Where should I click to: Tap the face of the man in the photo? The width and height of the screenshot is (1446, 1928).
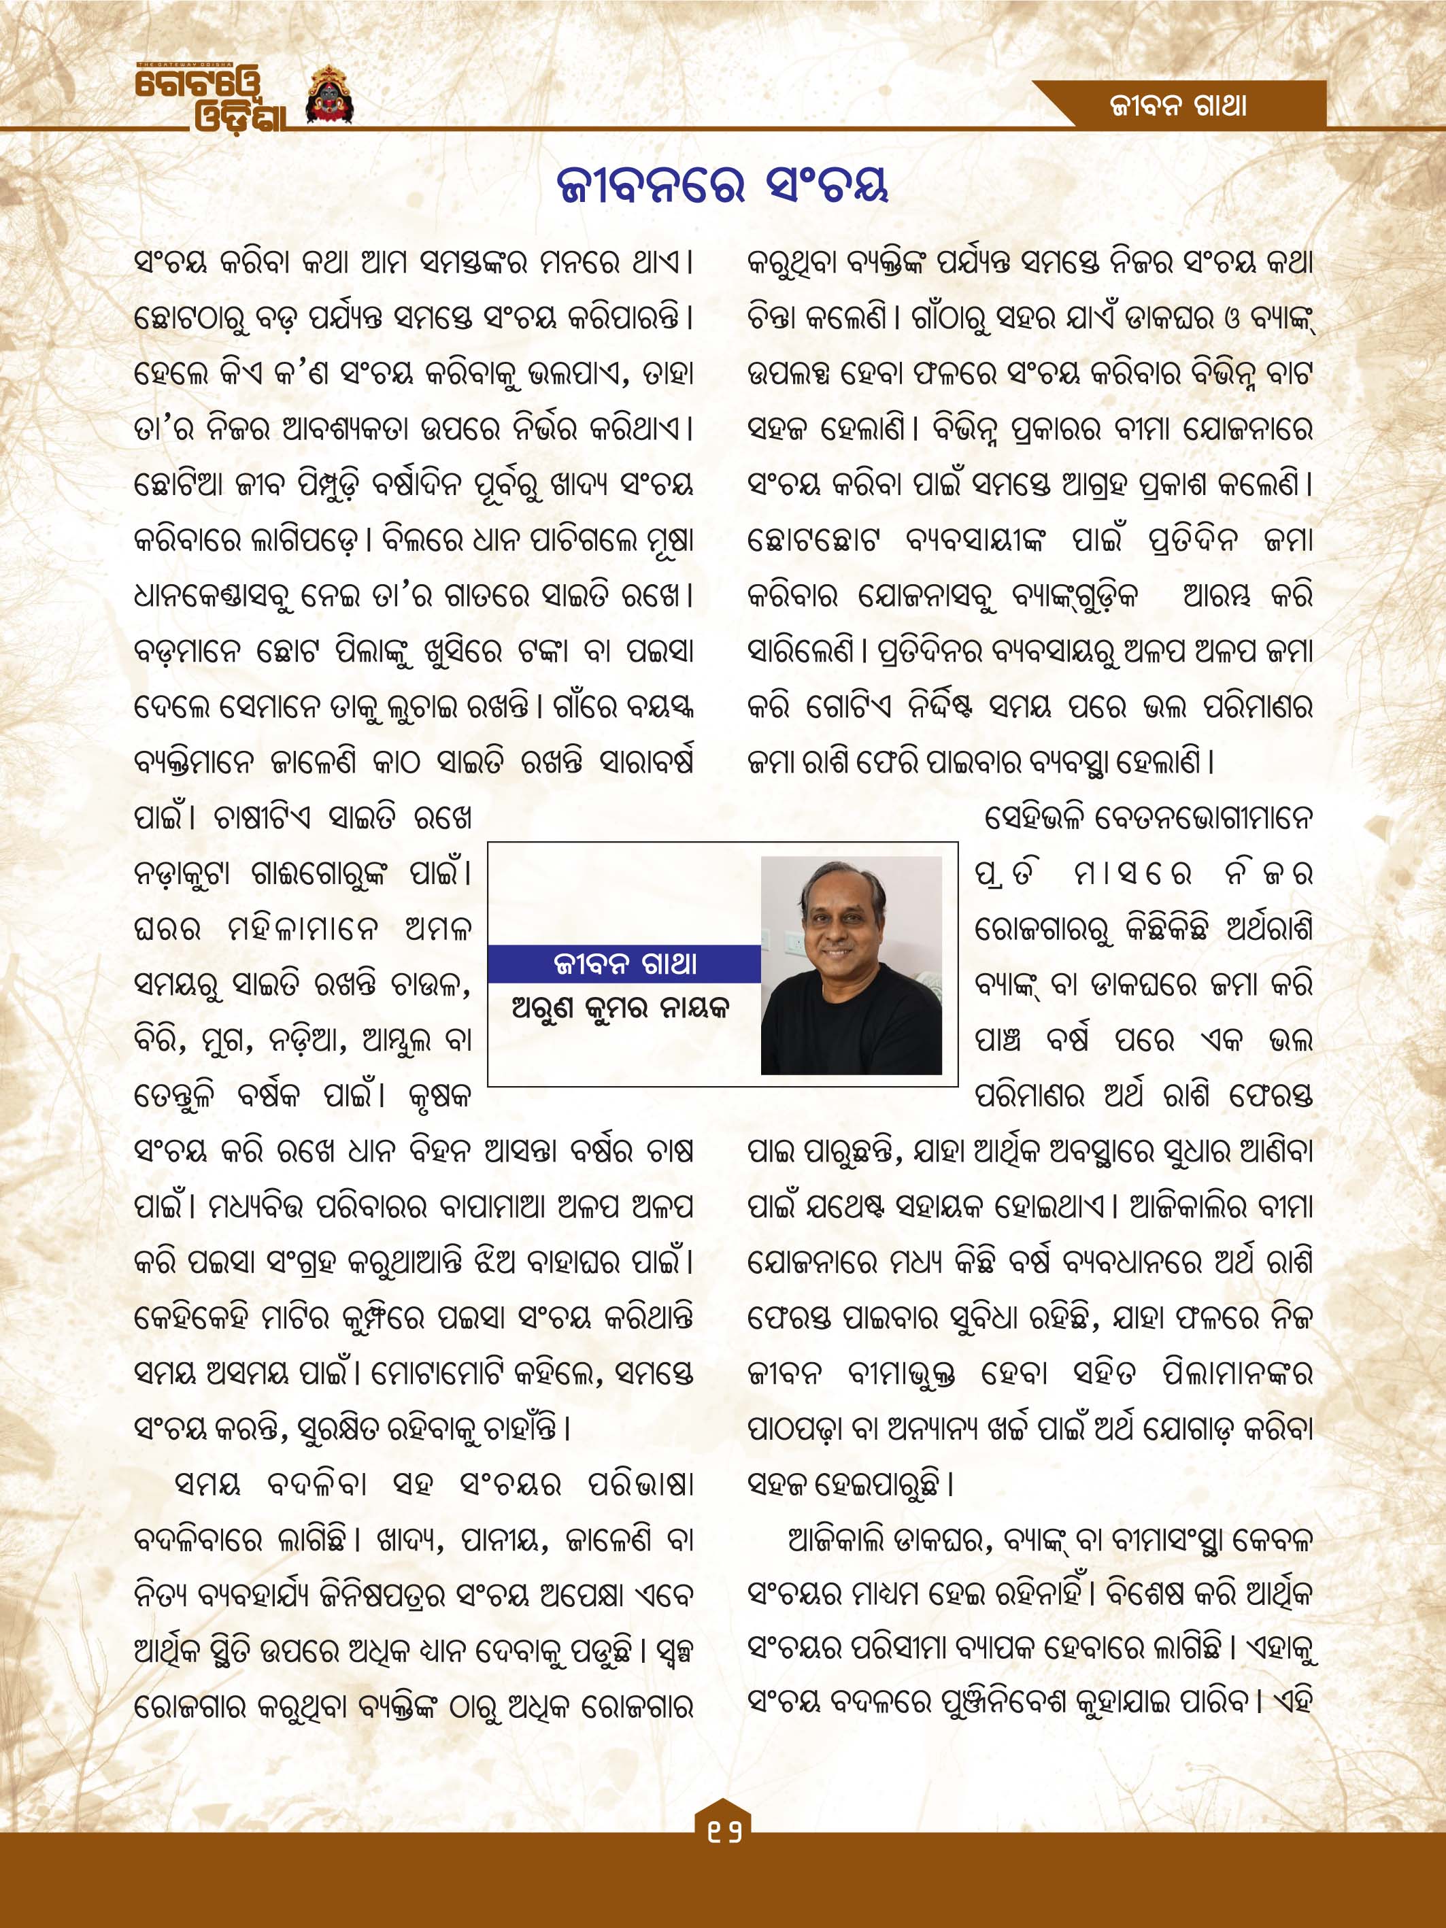[839, 931]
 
